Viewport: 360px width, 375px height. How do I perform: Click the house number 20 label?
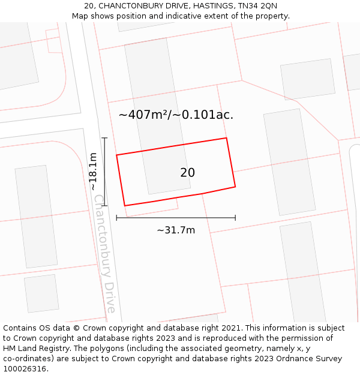187,173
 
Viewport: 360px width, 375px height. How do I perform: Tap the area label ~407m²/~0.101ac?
176,115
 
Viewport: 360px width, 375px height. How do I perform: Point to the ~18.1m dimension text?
93,172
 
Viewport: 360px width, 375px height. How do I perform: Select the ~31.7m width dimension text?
176,230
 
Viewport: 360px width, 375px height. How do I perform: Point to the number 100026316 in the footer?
25,369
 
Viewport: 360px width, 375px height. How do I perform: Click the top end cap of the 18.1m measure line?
104,138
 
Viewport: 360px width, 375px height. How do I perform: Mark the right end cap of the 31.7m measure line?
235,217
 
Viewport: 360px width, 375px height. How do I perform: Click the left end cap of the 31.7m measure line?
116,217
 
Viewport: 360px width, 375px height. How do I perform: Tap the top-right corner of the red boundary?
226,138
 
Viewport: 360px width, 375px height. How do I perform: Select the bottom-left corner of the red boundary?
125,206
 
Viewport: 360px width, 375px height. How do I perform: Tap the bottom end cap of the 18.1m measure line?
104,206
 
